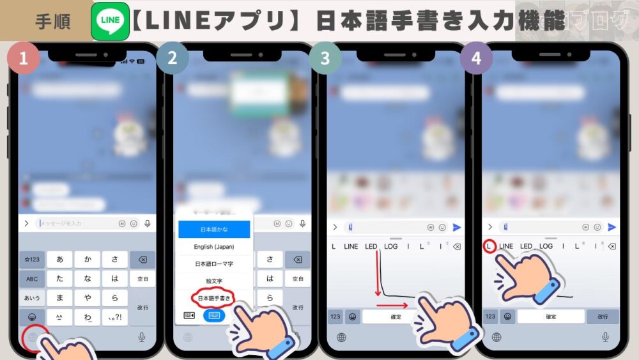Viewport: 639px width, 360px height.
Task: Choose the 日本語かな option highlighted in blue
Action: coord(214,229)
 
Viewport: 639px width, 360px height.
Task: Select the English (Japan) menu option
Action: coord(214,247)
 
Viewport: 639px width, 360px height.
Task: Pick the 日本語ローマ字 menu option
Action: coord(214,263)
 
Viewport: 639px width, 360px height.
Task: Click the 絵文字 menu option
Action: coord(214,281)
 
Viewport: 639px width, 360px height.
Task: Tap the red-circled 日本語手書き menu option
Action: coord(214,298)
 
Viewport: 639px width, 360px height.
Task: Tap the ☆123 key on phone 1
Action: coord(32,259)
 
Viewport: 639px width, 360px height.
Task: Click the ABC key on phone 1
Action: coord(32,279)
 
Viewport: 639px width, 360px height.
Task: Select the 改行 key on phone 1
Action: coord(142,308)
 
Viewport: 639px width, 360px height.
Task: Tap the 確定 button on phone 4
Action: coord(551,317)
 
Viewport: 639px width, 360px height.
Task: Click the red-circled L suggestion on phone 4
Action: coord(488,246)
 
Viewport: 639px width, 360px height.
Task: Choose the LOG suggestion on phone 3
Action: coord(391,246)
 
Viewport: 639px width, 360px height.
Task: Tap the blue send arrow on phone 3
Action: coord(457,227)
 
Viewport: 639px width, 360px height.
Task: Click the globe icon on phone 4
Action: coord(497,337)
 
